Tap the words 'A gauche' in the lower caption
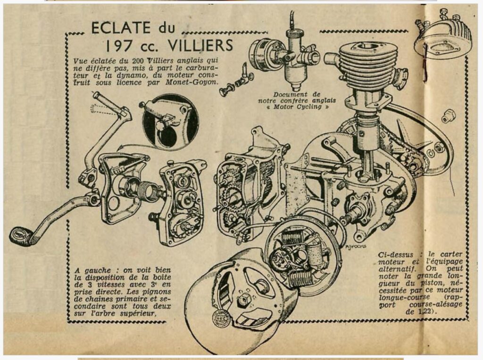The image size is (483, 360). [x=92, y=271]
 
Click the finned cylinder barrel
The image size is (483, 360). [x=368, y=65]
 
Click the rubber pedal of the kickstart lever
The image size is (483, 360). [x=21, y=236]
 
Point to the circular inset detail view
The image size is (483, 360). [x=170, y=122]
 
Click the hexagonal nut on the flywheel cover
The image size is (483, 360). [x=244, y=299]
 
